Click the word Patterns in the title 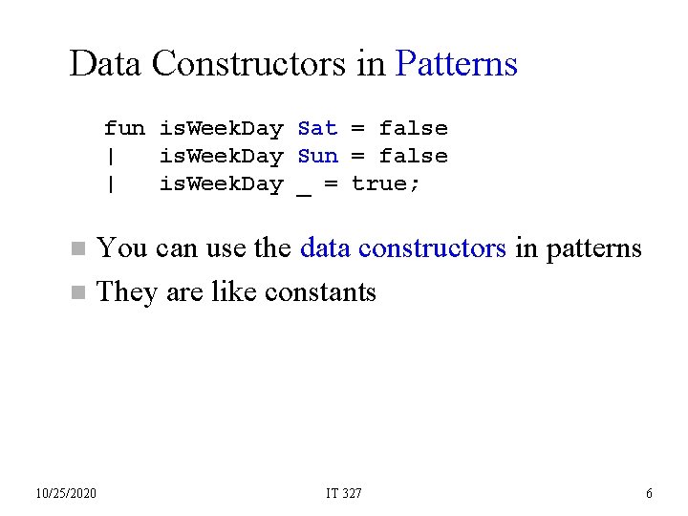tap(456, 65)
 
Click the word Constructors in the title tap(264, 65)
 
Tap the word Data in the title tap(106, 65)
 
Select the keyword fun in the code tap(124, 128)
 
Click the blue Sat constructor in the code tap(317, 128)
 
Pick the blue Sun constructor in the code tap(317, 156)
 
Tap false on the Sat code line tap(413, 128)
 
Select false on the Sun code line tap(413, 156)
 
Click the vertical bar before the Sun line tap(111, 156)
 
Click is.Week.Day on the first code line tap(221, 128)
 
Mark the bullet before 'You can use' tap(78, 249)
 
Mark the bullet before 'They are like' tap(78, 292)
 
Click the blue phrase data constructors tap(402, 248)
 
